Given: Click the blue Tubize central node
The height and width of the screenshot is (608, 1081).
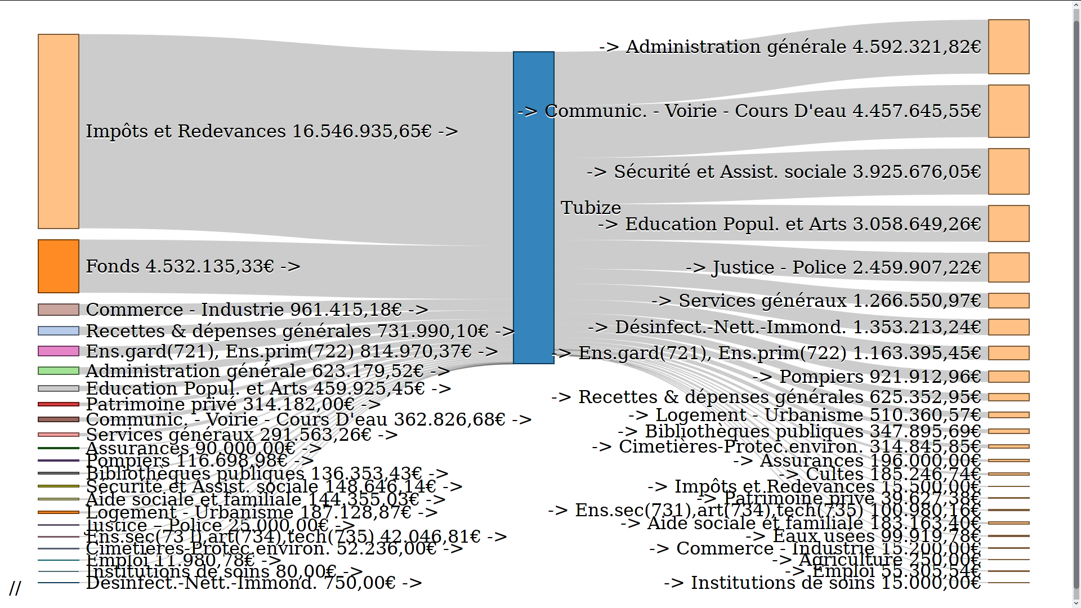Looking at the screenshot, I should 533,207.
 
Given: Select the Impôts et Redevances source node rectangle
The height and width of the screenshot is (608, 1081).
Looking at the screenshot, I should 59,131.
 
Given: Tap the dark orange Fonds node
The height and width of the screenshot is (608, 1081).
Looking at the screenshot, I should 59,266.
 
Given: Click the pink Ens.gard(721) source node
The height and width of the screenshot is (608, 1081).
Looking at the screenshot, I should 59,351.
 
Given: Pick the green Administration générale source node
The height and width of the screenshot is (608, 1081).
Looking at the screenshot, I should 59,371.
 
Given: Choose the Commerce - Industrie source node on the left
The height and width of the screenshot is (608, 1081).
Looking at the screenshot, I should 59,310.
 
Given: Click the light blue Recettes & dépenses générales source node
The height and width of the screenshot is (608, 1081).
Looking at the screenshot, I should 59,331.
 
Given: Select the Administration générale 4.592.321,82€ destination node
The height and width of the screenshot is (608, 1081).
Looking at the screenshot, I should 1008,47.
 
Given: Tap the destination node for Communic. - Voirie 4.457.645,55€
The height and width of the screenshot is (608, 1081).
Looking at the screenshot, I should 1008,111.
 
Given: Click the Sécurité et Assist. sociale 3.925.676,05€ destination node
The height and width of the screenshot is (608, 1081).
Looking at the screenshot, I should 1008,172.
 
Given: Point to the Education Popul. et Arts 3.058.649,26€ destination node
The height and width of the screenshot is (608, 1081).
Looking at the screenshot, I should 1008,223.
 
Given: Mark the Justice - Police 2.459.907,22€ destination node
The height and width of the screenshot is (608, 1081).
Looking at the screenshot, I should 1008,267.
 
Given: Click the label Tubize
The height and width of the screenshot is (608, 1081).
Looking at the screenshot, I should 591,208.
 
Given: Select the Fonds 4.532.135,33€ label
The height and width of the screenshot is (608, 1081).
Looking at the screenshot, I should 193,266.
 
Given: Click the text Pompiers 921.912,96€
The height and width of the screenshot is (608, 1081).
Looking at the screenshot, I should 866,377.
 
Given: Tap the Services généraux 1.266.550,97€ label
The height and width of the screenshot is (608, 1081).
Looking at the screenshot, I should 816,301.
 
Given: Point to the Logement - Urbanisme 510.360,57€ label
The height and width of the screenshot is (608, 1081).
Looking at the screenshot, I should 805,415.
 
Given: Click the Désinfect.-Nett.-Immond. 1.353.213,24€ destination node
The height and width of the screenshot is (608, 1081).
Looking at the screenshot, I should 1008,327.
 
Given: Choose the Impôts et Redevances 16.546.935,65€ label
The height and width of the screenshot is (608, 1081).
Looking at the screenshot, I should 271,131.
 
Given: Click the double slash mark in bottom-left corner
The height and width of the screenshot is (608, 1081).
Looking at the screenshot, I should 15,588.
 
